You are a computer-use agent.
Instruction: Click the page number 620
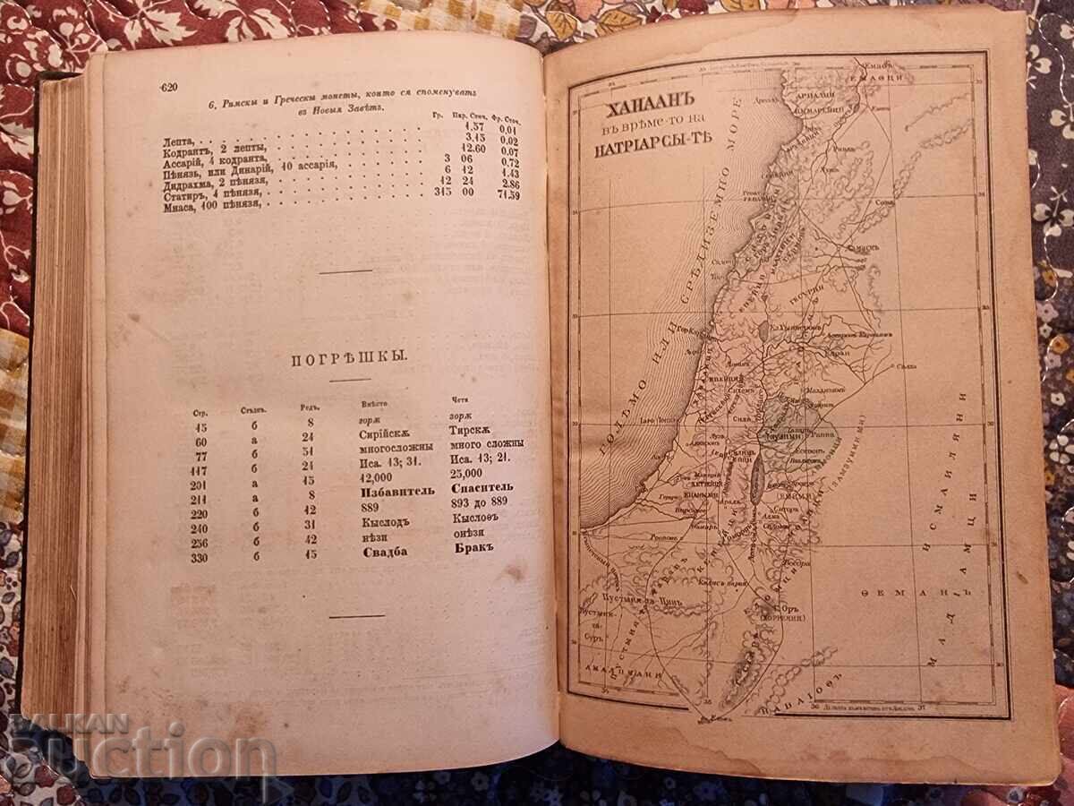(168, 87)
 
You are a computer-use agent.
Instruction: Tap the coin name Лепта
(182, 141)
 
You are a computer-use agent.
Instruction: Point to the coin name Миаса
(183, 208)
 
